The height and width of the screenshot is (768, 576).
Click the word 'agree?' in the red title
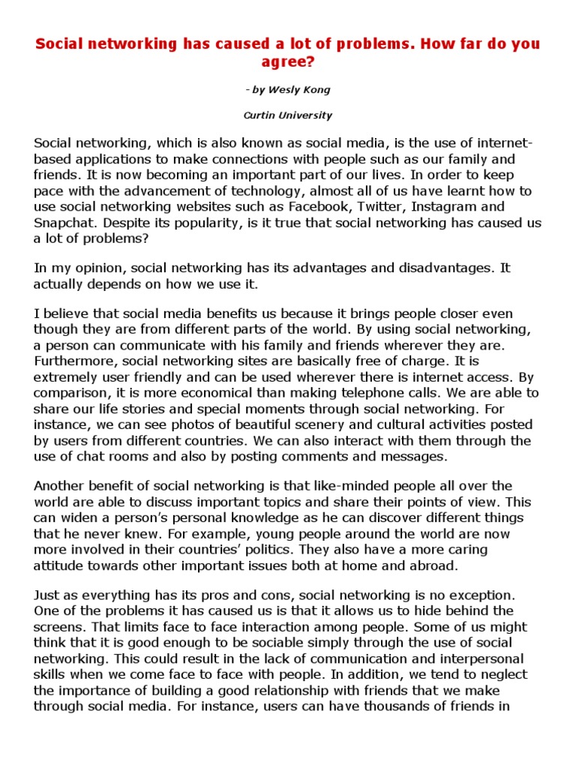(288, 61)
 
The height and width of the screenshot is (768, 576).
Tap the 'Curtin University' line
(288, 115)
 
